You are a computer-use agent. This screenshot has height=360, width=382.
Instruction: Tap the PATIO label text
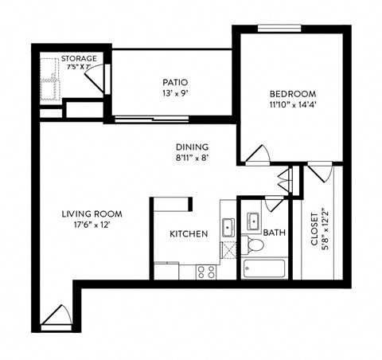174,81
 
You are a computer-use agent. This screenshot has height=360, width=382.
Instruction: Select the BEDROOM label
293,92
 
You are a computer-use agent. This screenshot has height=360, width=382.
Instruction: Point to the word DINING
192,147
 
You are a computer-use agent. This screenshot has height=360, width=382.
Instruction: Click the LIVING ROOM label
91,213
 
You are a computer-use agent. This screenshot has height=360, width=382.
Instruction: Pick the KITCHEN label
189,234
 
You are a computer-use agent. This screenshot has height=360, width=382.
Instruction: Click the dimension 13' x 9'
174,92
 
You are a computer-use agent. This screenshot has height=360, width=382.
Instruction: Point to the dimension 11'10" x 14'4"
293,103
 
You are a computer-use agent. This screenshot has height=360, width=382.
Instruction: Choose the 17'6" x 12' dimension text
91,225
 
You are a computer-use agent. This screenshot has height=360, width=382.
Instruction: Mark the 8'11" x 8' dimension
192,158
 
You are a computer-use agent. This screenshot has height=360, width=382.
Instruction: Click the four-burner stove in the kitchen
206,272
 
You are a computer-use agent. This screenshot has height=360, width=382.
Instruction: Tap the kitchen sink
227,226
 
